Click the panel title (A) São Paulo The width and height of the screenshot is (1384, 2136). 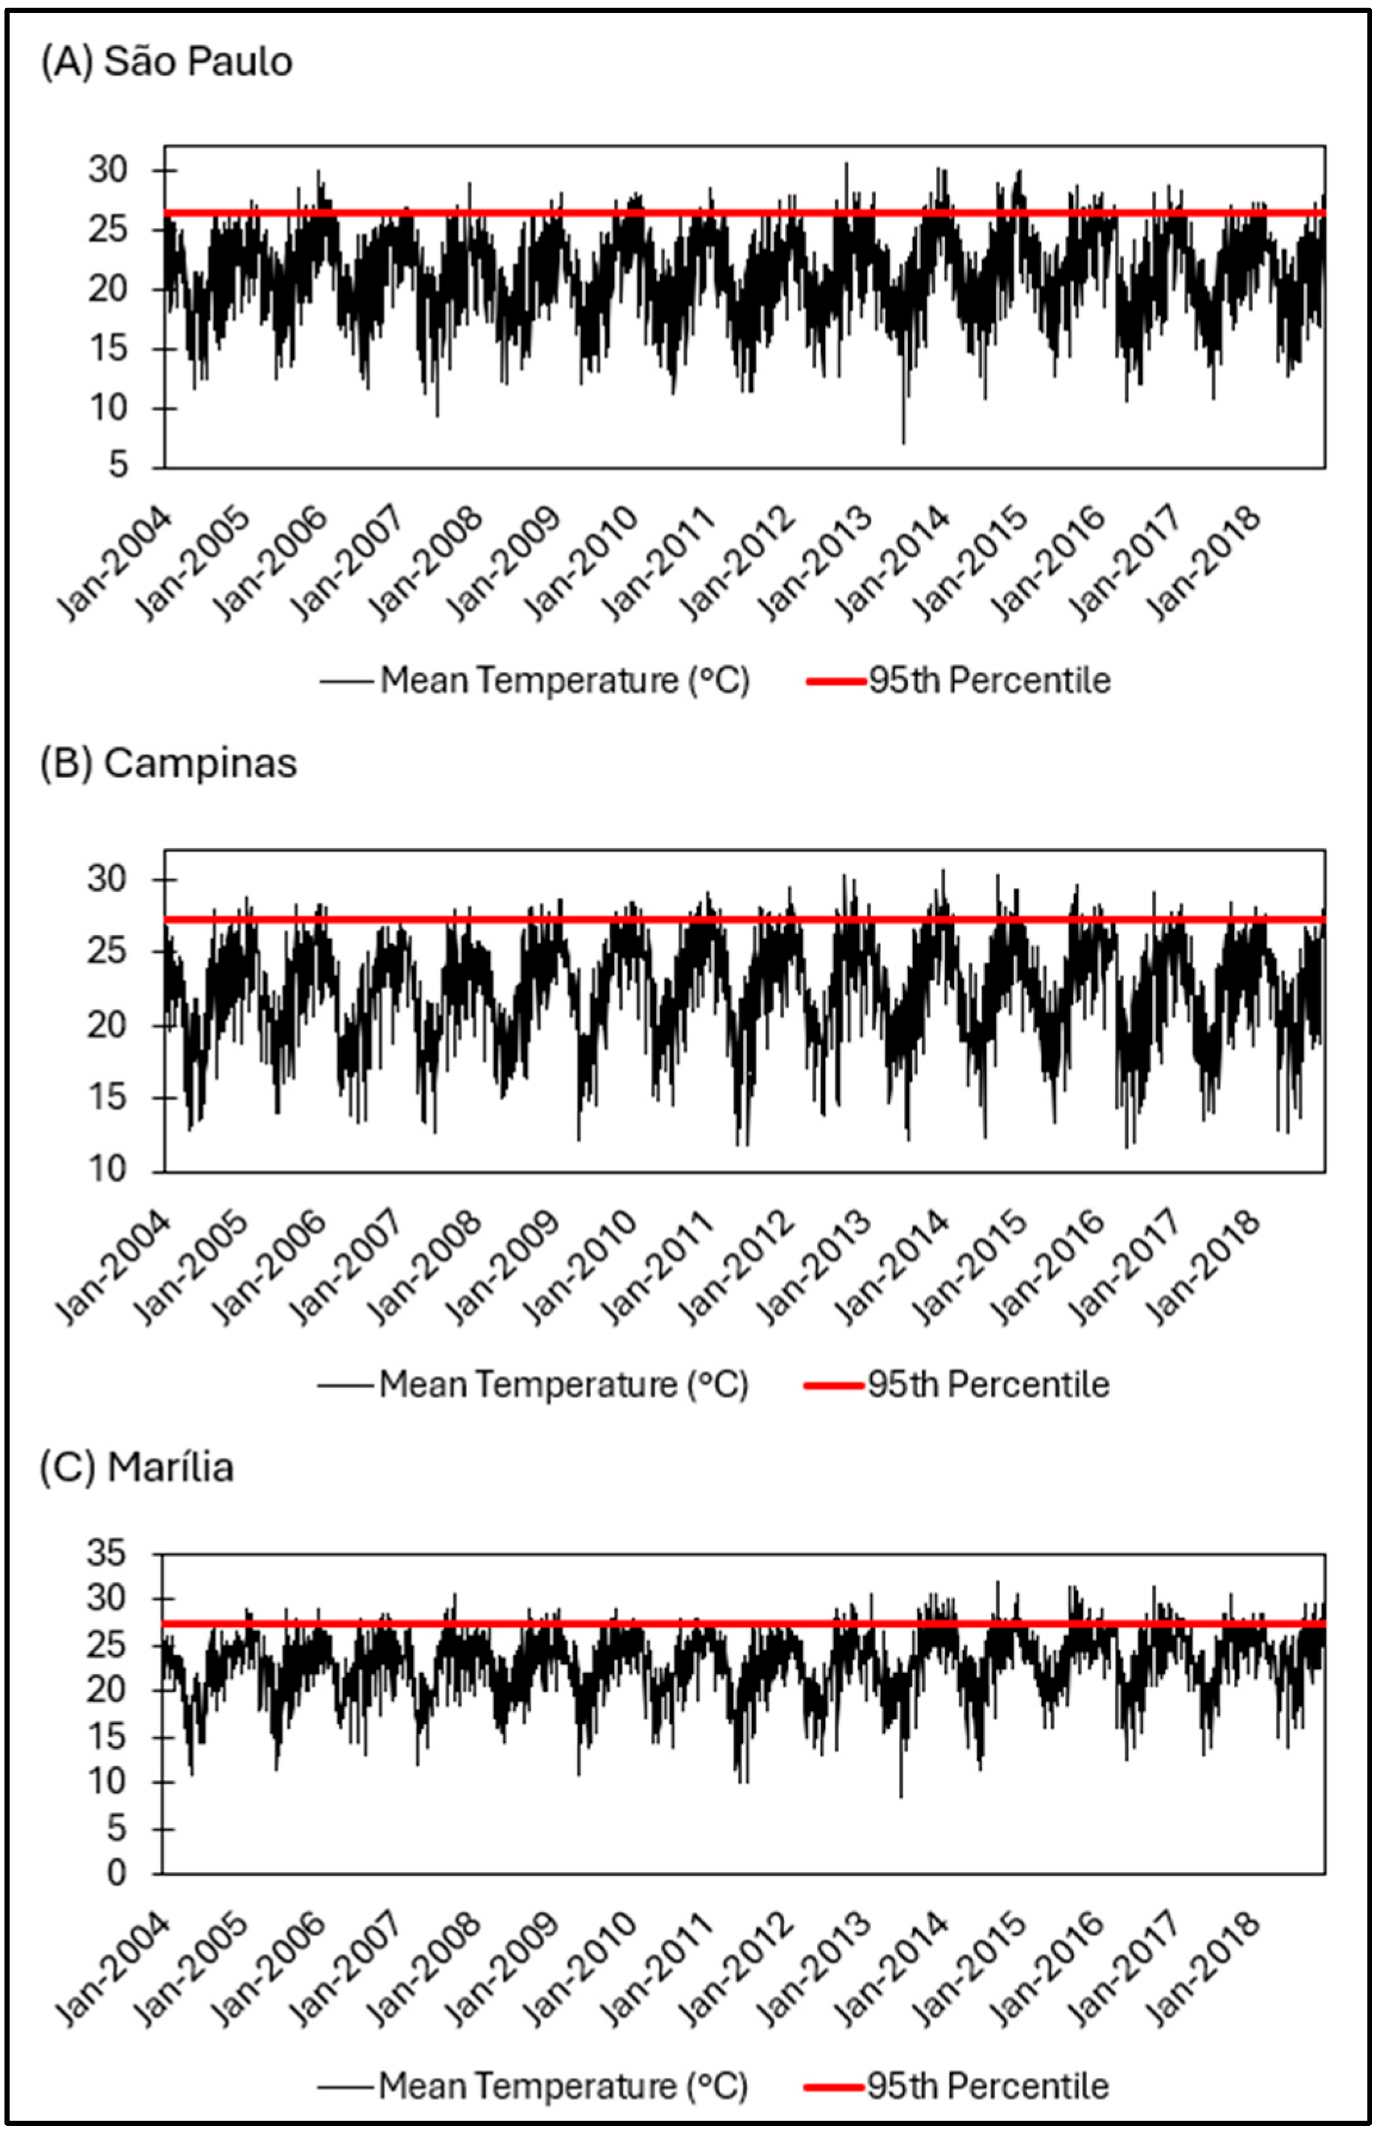coord(167,63)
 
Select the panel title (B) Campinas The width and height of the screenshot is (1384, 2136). coord(169,764)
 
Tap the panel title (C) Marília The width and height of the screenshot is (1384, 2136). coord(137,1467)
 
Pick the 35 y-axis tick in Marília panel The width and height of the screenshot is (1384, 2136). coord(107,1553)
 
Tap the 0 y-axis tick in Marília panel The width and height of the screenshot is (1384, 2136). coord(117,1874)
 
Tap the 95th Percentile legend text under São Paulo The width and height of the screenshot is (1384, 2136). coord(989,681)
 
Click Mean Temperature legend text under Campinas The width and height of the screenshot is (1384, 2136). coord(564,1384)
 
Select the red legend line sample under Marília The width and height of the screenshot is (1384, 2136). coord(834,2087)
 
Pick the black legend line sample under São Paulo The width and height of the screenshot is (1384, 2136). coord(346,681)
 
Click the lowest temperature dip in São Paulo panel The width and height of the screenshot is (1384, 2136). coord(904,441)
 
